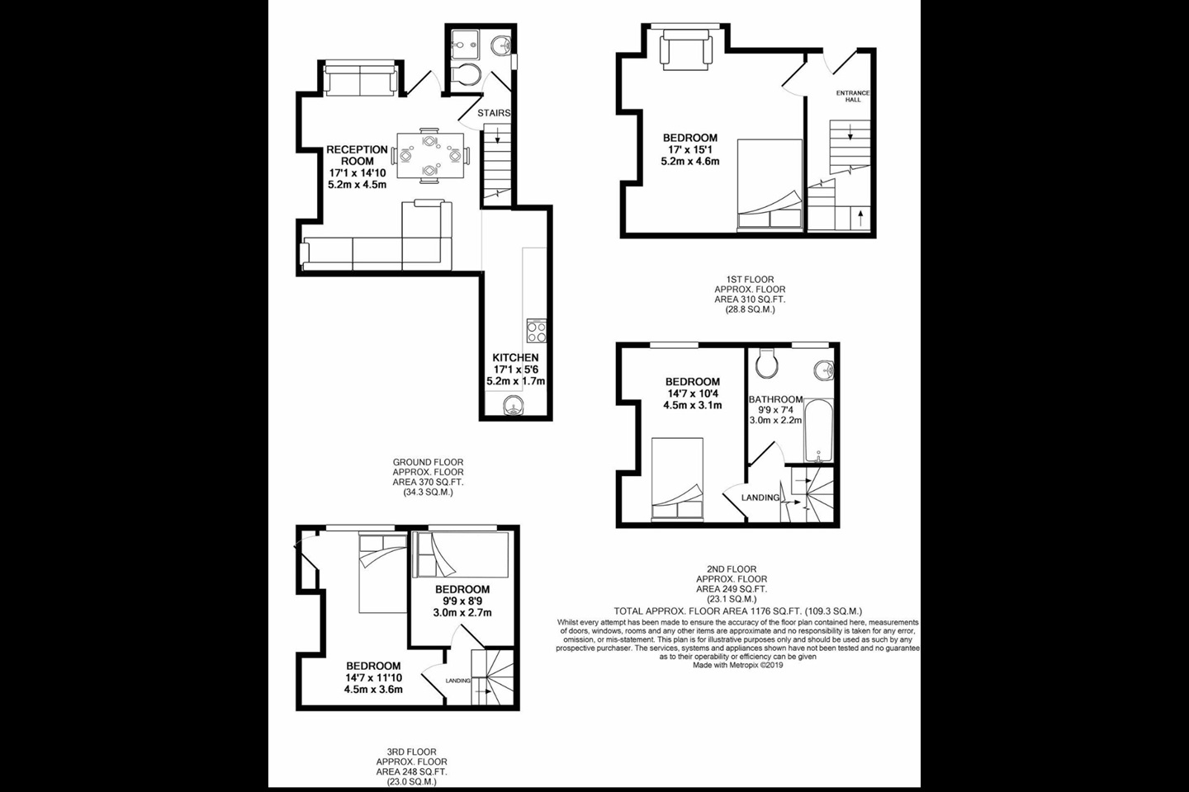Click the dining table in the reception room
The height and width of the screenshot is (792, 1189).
tap(429, 155)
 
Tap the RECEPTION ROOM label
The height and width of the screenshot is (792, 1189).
tap(357, 155)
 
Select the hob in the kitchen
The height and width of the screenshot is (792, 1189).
tap(535, 331)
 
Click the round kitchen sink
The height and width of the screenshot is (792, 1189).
tap(514, 404)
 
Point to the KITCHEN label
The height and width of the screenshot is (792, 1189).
tap(516, 358)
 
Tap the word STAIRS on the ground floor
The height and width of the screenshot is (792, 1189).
tap(494, 113)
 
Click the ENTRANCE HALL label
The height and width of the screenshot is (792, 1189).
tap(853, 96)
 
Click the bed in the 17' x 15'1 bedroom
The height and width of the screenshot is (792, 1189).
tap(770, 183)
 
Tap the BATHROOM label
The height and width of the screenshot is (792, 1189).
tap(775, 399)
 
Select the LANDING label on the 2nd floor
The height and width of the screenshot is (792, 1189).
tap(760, 497)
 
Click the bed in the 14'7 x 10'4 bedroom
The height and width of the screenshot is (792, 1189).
tap(677, 478)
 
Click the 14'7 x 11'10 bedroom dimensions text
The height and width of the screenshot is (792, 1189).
tap(373, 677)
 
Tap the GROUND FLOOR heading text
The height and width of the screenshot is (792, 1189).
tap(428, 463)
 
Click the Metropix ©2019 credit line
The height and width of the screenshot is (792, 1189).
tap(737, 665)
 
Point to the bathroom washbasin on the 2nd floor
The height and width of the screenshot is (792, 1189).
tap(822, 370)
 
